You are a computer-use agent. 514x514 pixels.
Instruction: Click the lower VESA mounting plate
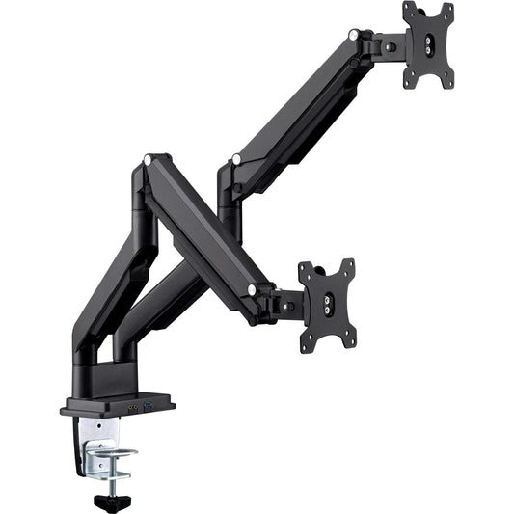(x=326, y=305)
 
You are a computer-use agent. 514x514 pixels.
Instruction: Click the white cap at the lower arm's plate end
(x=253, y=288)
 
